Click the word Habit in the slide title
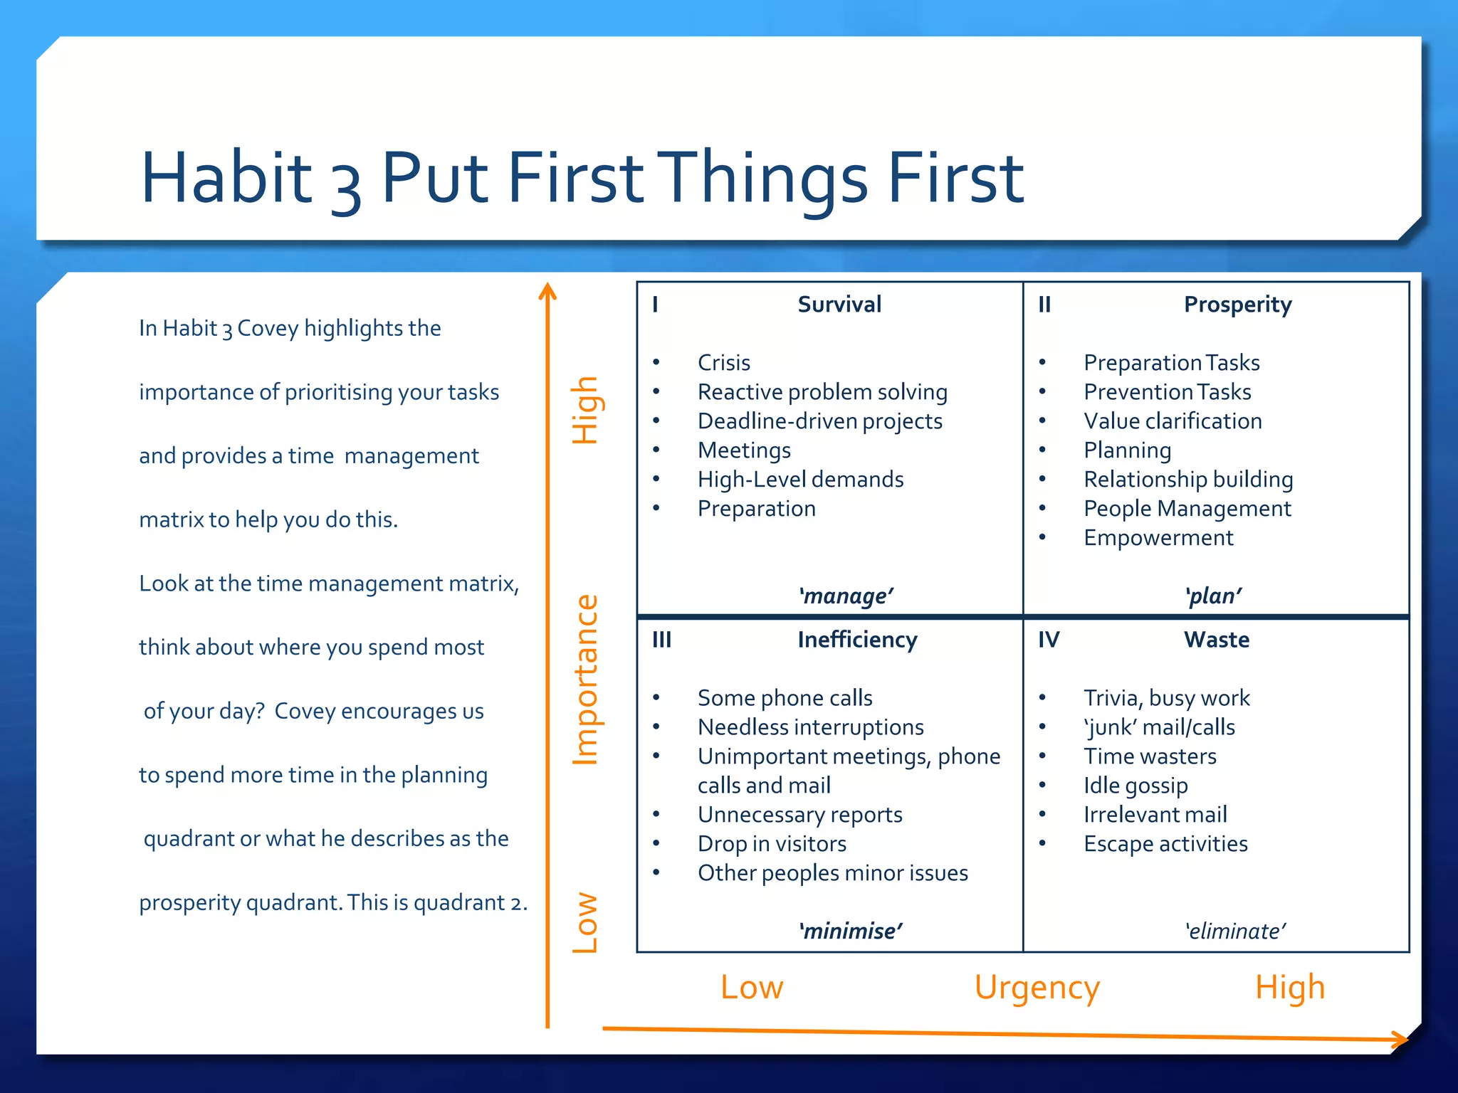click(226, 176)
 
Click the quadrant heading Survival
click(839, 305)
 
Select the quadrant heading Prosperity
click(1237, 305)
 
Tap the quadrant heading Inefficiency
click(857, 640)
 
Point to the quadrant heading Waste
click(1216, 640)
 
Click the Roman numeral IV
click(1048, 640)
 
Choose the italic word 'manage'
click(846, 596)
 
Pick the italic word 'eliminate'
click(1235, 931)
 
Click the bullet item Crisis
click(723, 363)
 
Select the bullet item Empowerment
click(1158, 538)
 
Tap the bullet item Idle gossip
click(1136, 786)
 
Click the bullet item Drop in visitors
click(772, 844)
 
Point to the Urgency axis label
click(1037, 988)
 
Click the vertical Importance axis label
click(586, 680)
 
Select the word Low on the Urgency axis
click(752, 988)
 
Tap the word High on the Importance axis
click(586, 411)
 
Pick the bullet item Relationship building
click(1187, 480)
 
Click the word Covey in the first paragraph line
click(268, 328)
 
